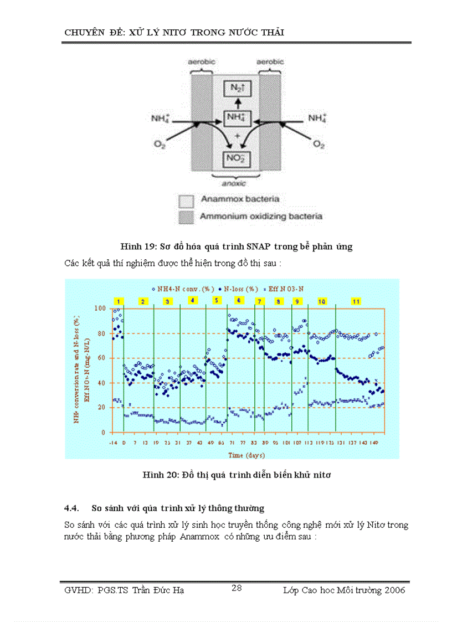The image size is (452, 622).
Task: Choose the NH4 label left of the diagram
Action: coord(161,119)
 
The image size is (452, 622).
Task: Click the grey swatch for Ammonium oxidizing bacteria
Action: coord(186,217)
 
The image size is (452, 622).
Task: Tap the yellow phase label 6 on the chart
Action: coord(239,300)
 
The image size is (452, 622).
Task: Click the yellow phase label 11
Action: coord(356,301)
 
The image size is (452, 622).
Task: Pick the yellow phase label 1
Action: coord(117,301)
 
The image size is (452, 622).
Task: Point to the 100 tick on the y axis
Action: coord(100,309)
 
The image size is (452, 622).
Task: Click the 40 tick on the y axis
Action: coord(101,383)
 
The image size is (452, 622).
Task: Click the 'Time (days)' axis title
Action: coord(246,455)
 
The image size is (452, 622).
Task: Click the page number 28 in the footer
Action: coord(237,588)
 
